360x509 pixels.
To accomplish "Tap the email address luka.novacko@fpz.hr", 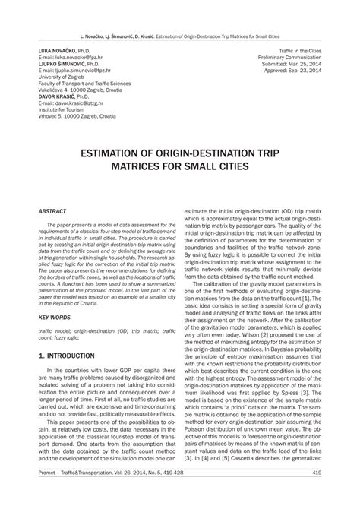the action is (x=78, y=57).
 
